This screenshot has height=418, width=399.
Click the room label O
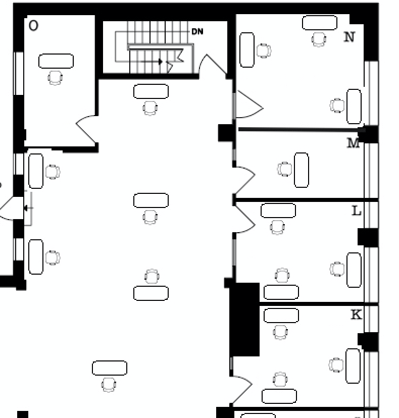point(33,25)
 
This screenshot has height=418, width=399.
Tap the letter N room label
point(349,36)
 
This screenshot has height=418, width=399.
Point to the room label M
point(354,143)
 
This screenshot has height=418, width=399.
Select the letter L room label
point(356,211)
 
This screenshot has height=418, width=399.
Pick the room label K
point(356,315)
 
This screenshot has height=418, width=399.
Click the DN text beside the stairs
point(197,31)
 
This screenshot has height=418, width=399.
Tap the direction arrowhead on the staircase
point(161,62)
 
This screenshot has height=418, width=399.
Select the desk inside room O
point(56,61)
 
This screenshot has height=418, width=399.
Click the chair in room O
point(56,78)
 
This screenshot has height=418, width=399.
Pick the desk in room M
point(302,170)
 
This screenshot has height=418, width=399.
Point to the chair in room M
point(285,169)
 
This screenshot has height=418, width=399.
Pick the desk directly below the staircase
point(151,91)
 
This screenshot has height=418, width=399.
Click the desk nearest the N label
point(320,23)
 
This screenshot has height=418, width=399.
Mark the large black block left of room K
point(245,320)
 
